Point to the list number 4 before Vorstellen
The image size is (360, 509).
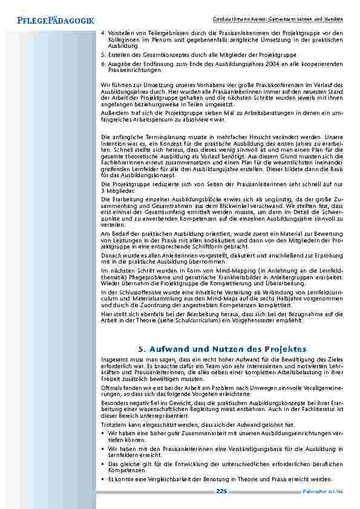(x=103, y=33)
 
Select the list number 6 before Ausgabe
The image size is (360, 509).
(x=103, y=63)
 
